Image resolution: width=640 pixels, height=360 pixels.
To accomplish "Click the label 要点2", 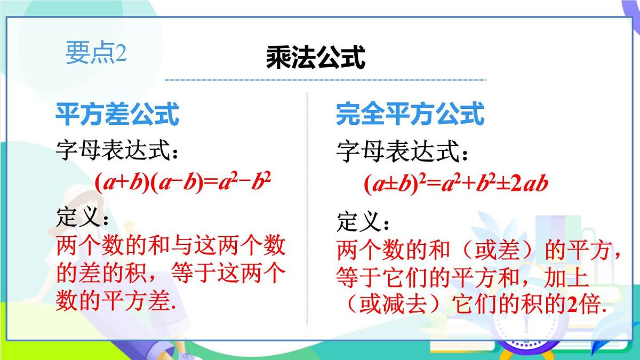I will tap(96, 52).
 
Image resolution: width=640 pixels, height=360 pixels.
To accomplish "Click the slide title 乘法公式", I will tap(316, 57).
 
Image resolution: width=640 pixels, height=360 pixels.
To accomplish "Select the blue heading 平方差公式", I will tap(117, 114).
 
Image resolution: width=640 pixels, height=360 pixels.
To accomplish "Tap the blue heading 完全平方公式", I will tap(410, 114).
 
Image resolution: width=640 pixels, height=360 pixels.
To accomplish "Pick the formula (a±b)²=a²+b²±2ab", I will tap(456, 184).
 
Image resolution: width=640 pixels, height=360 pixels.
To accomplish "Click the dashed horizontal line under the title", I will tap(325, 80).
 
